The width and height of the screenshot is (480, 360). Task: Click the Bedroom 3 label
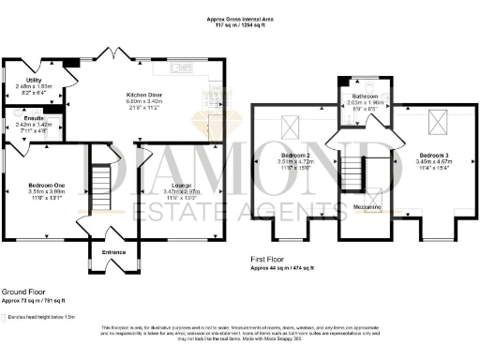tap(429, 156)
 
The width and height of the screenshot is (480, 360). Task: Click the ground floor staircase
tap(99, 185)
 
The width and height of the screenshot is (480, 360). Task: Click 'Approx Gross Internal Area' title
tap(239, 18)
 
